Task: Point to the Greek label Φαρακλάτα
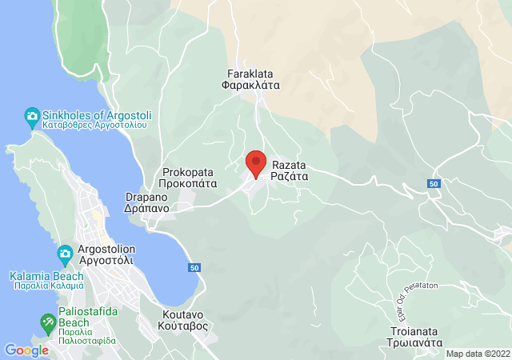pos(250,88)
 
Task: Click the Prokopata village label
pos(190,171)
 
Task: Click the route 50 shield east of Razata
pos(434,184)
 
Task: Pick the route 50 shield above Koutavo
pos(194,266)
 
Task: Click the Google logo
pos(26,350)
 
